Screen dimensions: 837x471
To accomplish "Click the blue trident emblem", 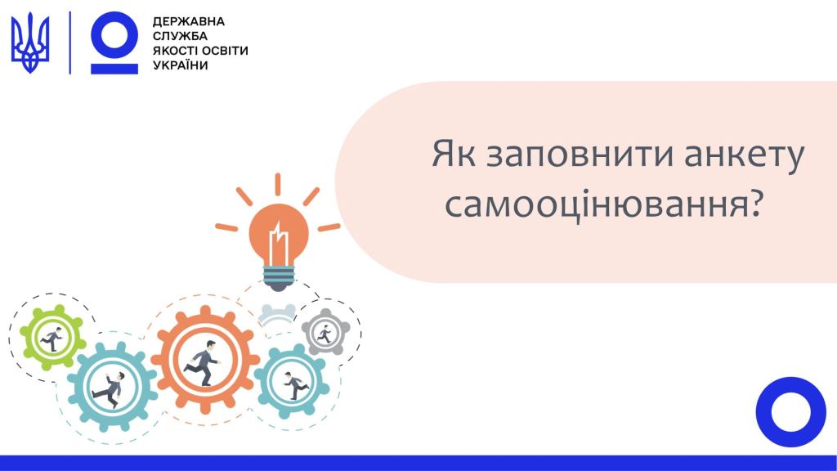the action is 30,43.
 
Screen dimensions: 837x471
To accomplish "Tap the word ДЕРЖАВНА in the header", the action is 189,22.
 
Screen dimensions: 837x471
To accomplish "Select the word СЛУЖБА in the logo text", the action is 180,36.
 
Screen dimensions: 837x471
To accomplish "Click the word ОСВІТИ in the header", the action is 223,51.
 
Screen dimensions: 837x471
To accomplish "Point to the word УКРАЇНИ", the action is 181,65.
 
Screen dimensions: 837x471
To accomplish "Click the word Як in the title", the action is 453,154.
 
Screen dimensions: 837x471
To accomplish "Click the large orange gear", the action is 205,359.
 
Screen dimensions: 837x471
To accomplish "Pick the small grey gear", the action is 325,332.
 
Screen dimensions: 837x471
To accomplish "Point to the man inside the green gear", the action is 51,338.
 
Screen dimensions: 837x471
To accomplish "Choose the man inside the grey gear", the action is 325,334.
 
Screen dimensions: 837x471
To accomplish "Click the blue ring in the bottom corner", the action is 790,412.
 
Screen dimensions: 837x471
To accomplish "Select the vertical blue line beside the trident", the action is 70,43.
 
